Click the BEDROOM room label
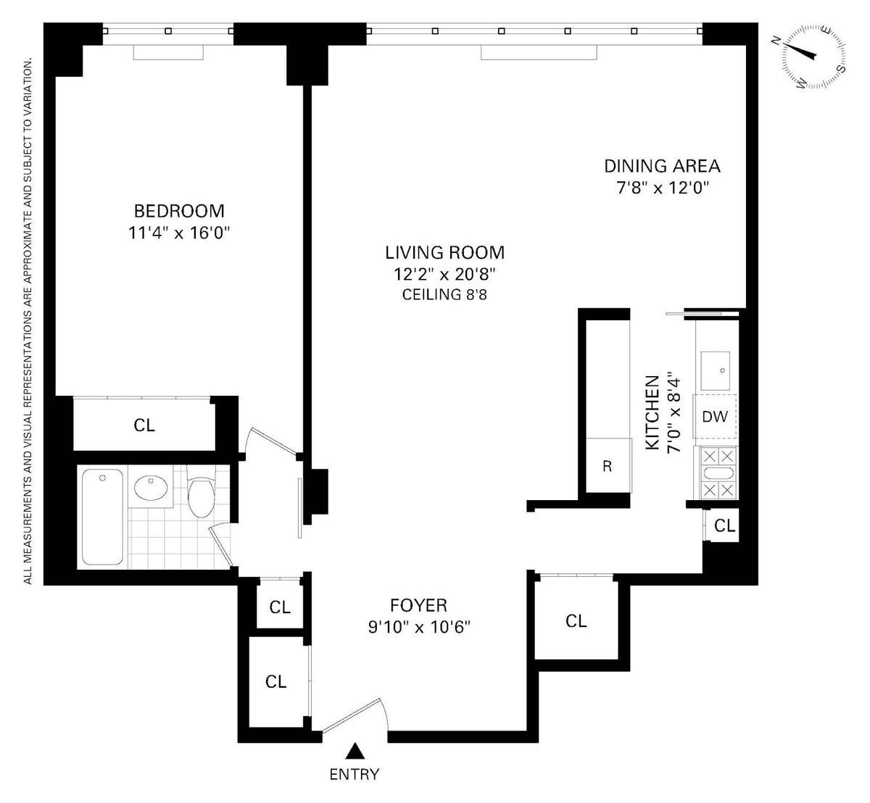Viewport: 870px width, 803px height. pos(179,211)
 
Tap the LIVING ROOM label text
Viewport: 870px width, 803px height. pos(444,253)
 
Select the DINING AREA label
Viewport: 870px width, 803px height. pos(662,166)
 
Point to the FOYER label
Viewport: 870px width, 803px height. pos(418,605)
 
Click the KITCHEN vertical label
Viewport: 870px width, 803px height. pos(652,412)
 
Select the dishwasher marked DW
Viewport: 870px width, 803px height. pos(714,416)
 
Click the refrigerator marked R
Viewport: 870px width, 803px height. pos(609,466)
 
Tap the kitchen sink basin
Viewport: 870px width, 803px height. pos(716,370)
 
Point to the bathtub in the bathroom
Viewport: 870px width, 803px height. pos(102,517)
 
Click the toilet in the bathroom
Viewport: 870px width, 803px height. pos(201,492)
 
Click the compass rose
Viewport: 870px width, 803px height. pos(813,57)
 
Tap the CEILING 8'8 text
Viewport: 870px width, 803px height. pos(444,294)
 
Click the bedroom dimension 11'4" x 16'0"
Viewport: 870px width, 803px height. pos(179,233)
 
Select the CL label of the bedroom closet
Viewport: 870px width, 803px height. pos(144,425)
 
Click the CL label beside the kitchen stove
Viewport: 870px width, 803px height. pos(724,525)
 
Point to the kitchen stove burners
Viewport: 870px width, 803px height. pos(718,473)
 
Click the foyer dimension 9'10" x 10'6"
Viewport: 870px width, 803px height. pos(419,628)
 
